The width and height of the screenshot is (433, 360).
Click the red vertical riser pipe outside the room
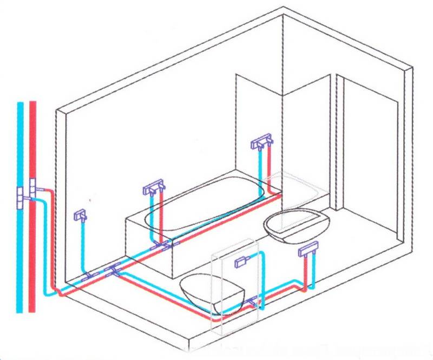[33, 135]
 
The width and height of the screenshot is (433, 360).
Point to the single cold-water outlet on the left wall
[81, 215]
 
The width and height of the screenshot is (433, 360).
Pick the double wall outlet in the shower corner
[262, 142]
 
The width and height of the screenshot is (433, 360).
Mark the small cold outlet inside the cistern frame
[241, 262]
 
